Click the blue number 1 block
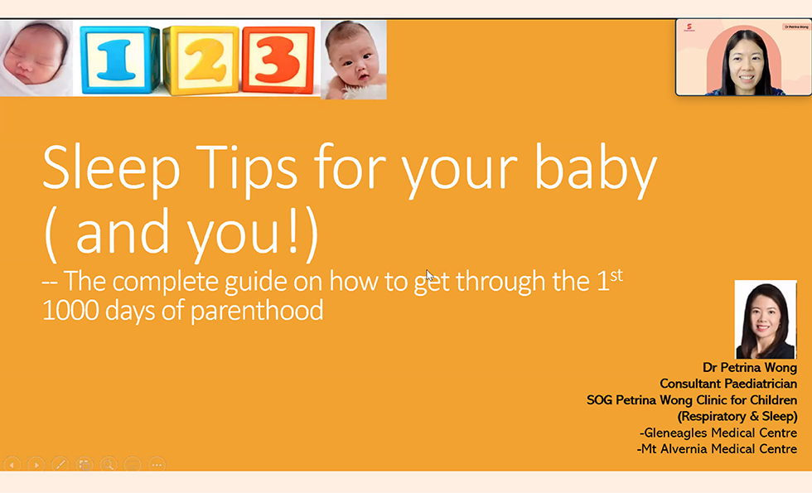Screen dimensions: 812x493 coord(119,60)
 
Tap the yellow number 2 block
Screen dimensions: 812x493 coord(201,60)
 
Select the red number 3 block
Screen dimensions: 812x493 coord(278,60)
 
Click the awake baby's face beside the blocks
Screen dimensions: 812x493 coord(353,58)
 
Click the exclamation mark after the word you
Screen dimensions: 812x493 coord(293,231)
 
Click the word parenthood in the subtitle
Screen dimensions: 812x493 coord(257,311)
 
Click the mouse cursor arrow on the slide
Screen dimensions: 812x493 coord(429,275)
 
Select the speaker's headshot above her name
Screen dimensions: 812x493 coord(766,320)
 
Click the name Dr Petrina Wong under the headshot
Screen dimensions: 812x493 coord(749,368)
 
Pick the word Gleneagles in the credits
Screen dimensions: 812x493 coord(676,433)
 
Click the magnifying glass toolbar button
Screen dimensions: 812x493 coord(109,465)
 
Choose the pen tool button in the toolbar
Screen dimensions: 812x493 coord(60,465)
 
